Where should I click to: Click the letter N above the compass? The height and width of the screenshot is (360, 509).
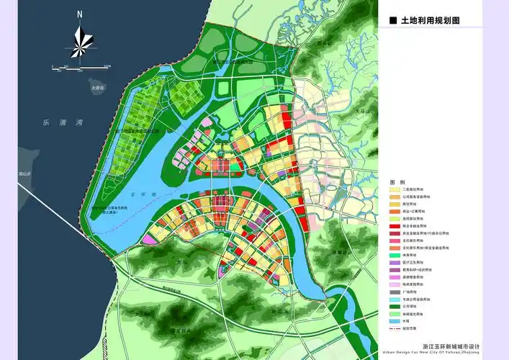pyautogui.click(x=81, y=14)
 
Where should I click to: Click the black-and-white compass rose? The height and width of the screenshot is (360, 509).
pyautogui.click(x=80, y=41)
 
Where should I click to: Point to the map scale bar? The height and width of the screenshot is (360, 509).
pyautogui.click(x=80, y=67)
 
